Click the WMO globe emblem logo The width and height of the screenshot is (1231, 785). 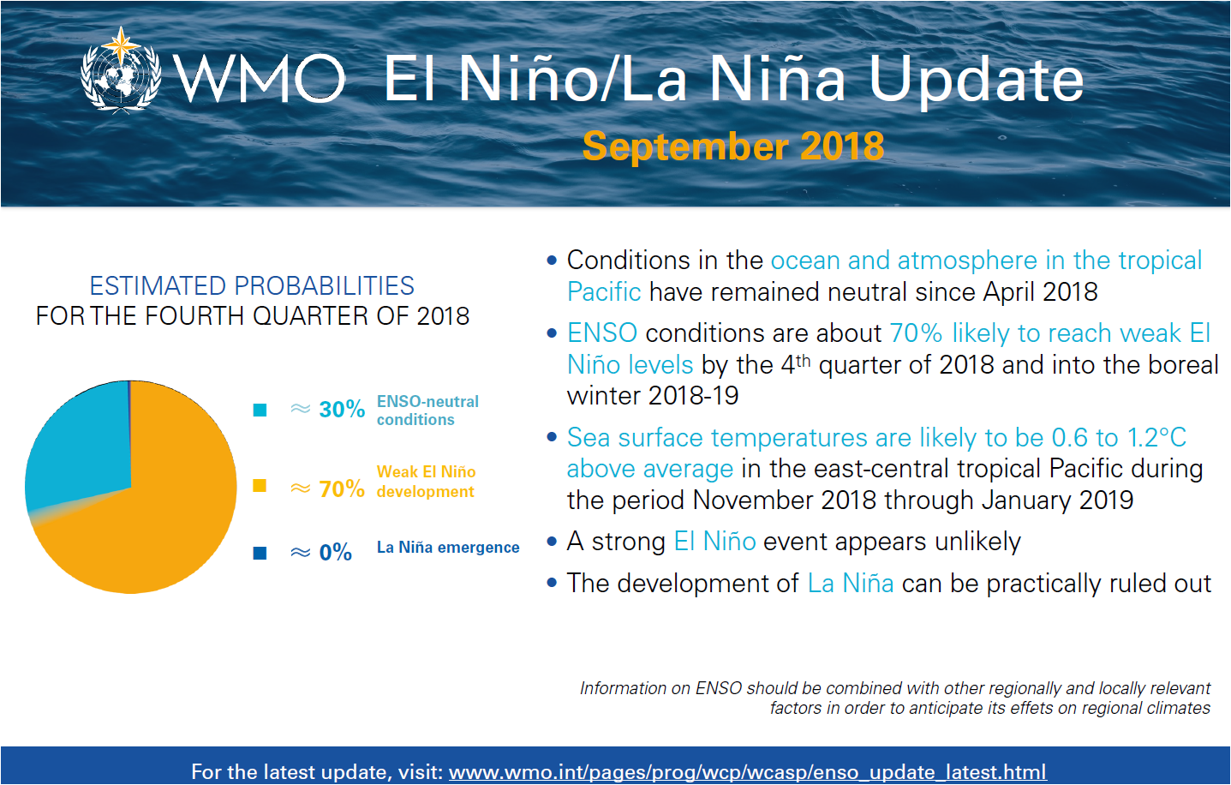pos(121,70)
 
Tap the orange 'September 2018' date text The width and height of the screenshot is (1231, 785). pos(733,147)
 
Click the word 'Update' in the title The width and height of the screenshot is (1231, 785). pos(976,81)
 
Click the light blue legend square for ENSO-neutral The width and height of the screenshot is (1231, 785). pos(260,410)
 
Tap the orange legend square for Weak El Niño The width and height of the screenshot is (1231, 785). pos(260,486)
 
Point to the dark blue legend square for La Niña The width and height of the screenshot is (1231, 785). pos(260,553)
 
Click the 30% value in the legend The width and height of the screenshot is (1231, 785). pos(342,410)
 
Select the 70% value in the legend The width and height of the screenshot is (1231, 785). pos(342,488)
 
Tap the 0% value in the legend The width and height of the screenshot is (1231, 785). pos(335,553)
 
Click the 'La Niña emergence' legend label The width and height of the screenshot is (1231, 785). pos(448,548)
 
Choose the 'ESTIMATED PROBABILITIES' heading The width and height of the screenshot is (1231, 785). pos(252,286)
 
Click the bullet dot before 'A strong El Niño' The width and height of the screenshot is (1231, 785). pos(552,542)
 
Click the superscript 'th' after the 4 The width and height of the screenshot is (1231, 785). pos(803,361)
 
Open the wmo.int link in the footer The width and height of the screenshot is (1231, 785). pos(747,772)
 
